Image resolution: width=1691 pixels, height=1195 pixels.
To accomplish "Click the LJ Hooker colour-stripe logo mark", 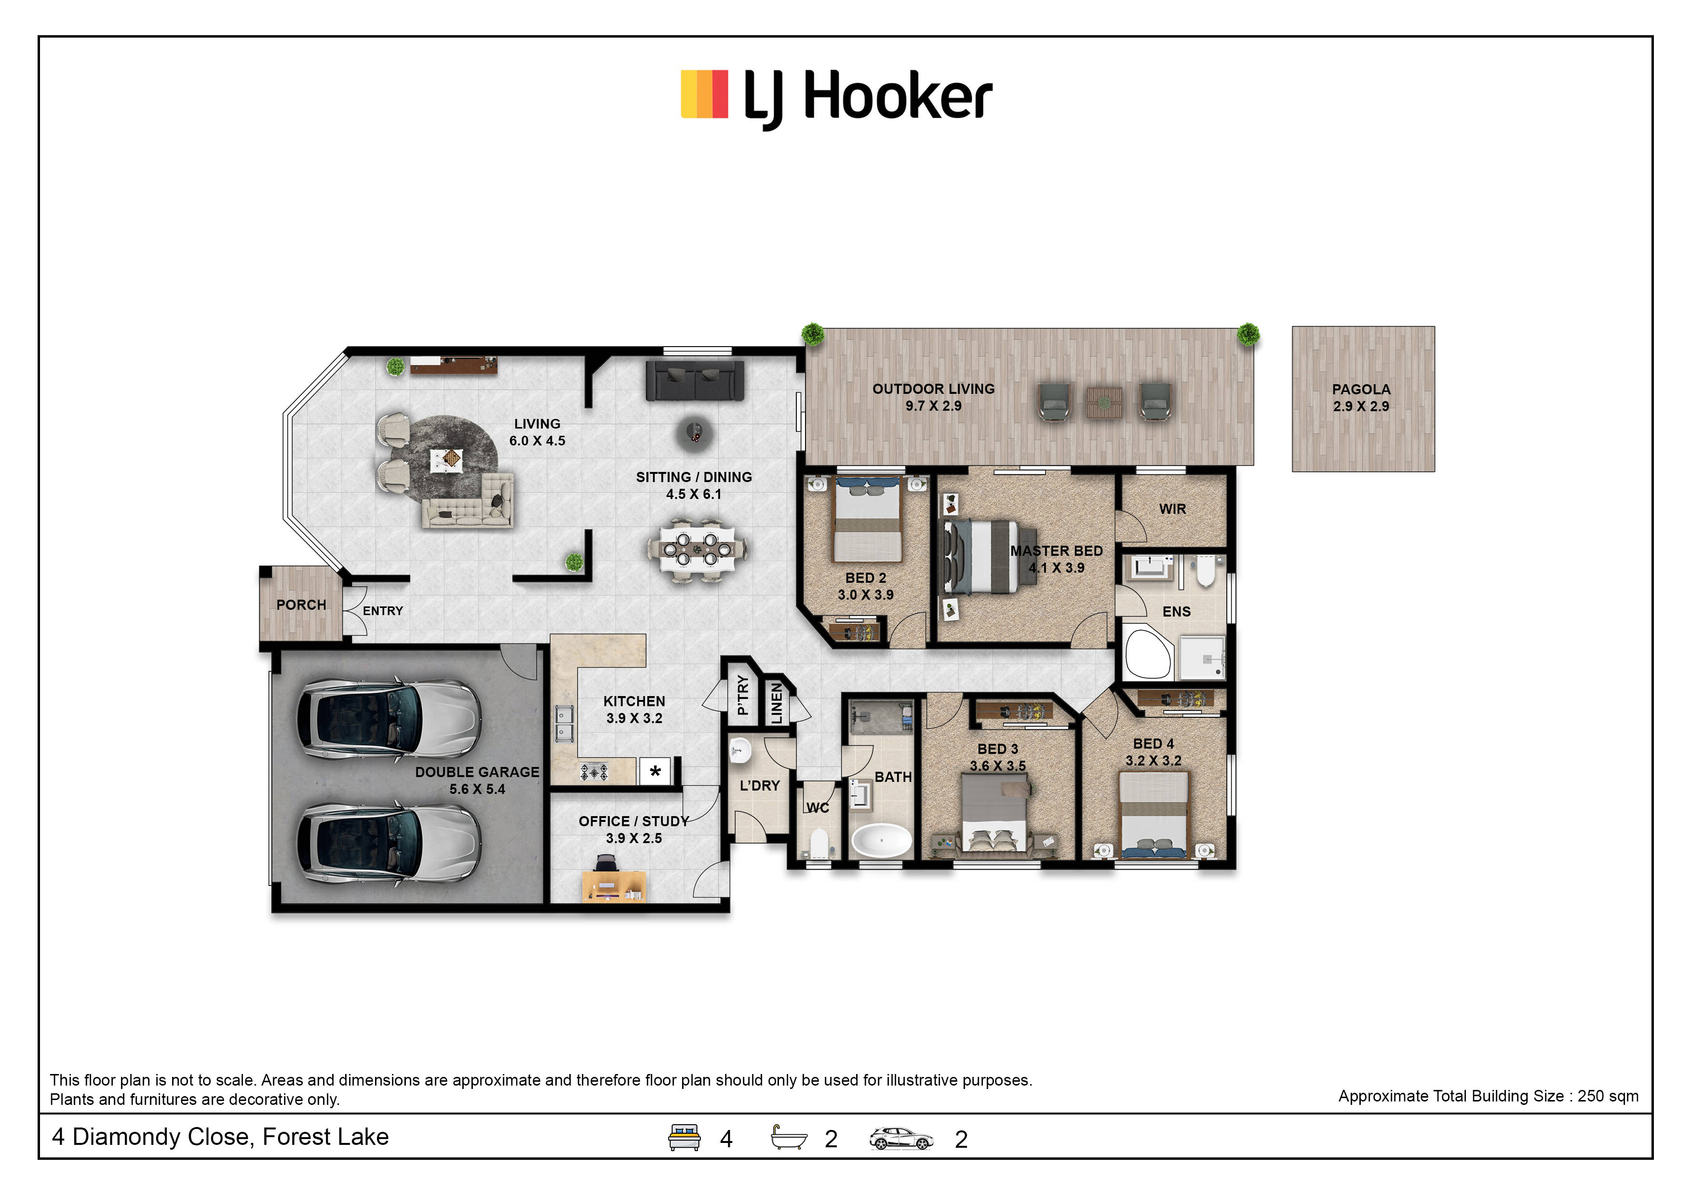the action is click(x=704, y=94).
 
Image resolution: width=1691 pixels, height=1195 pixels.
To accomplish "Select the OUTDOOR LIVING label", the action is click(x=933, y=389).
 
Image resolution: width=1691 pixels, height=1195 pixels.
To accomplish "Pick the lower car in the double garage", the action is click(x=389, y=843).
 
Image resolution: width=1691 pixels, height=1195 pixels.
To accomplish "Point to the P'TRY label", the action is click(x=742, y=695).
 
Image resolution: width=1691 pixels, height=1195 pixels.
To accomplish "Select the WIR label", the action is click(x=1172, y=509).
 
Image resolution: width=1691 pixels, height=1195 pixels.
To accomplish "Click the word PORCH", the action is click(x=301, y=604).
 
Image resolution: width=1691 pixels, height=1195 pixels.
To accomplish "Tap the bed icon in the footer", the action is click(x=684, y=1138).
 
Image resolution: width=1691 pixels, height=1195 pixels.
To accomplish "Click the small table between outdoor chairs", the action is click(x=1104, y=403).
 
